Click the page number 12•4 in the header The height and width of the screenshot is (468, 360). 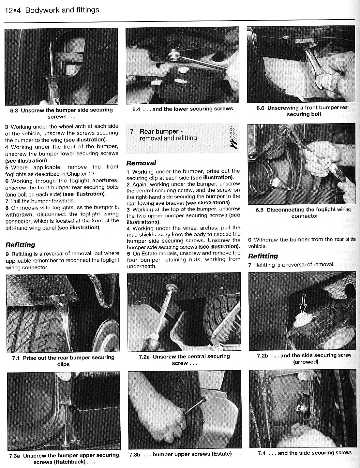coord(12,10)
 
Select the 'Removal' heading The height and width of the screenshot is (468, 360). coord(141,163)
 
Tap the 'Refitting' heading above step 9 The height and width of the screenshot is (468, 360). coord(20,245)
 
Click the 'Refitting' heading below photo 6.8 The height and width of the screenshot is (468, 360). coord(263,256)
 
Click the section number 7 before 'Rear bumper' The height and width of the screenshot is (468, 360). coord(131,132)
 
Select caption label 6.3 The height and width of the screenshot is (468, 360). coord(14,110)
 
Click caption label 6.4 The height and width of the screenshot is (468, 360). coord(136,109)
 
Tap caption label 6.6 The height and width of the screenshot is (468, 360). coord(260,108)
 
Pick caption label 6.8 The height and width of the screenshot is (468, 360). coord(260,210)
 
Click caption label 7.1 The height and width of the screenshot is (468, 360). coord(16,358)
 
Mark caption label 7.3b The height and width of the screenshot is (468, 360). coord(134,454)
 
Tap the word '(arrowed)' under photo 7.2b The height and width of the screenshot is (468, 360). coord(306,362)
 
